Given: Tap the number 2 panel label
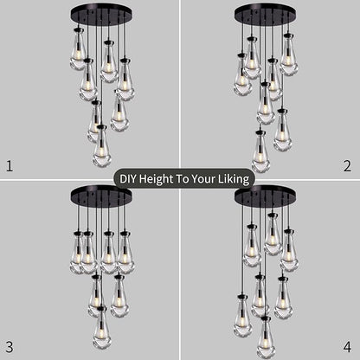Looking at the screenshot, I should pos(347,164).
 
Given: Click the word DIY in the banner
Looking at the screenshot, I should pos(128,180).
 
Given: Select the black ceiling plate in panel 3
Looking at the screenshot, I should pos(101,193).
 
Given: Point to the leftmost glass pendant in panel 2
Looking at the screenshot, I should pos(243,76).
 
